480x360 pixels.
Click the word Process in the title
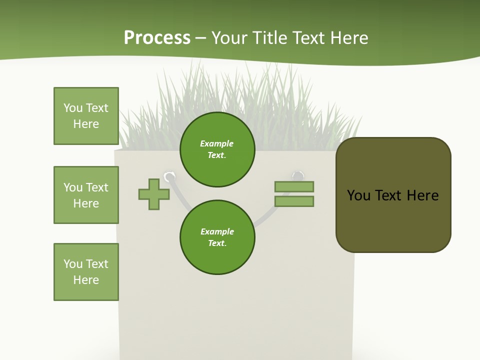point(157,38)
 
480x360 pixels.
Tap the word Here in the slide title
point(349,38)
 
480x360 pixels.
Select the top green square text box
point(86,116)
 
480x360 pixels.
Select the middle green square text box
point(86,195)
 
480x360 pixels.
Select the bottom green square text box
point(86,272)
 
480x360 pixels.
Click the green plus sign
point(154,194)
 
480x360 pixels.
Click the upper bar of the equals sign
point(294,186)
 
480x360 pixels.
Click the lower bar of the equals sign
point(294,201)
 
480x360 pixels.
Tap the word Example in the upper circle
point(217,143)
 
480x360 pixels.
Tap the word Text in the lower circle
point(216,243)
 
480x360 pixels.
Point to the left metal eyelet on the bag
point(170,176)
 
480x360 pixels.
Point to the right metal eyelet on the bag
point(298,175)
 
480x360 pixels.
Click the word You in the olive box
point(359,195)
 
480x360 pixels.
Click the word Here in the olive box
point(422,195)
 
